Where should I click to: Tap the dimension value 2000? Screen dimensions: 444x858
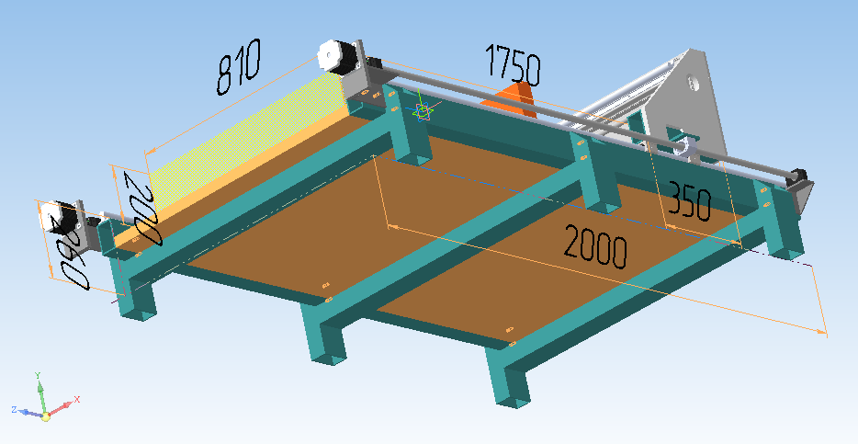tap(595, 247)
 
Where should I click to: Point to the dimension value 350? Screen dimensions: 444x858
tap(689, 202)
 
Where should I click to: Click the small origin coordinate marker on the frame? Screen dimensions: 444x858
tap(423, 110)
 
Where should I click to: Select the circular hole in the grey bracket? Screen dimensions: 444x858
tap(692, 83)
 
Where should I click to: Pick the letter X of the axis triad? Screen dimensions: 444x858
tap(77, 399)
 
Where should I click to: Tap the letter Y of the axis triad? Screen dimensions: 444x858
tap(37, 376)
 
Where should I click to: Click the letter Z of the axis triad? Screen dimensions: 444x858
tap(15, 408)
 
